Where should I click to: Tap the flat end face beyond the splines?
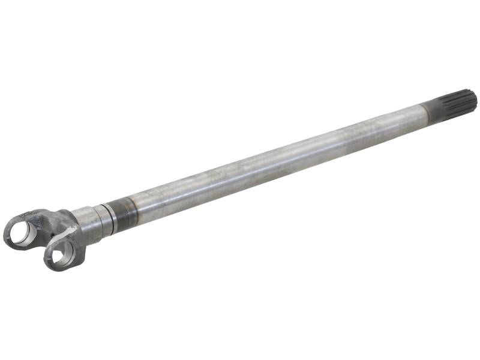pyautogui.click(x=473, y=99)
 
